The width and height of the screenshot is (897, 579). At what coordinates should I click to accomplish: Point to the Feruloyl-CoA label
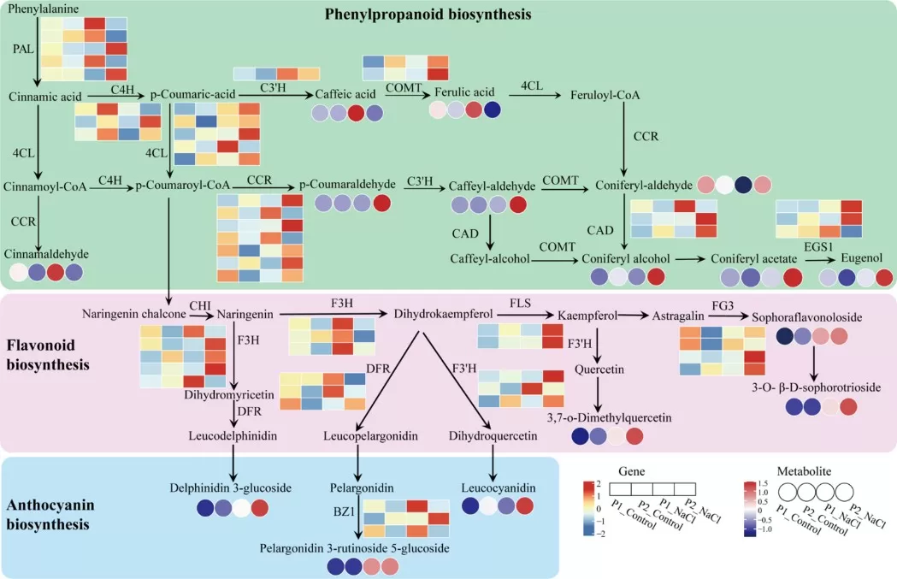[x=605, y=95]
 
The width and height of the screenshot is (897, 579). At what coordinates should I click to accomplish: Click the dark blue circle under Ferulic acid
[x=492, y=110]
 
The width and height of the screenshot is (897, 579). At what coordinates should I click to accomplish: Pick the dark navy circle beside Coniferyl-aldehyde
[x=744, y=185]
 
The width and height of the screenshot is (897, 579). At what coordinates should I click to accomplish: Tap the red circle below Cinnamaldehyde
[x=56, y=272]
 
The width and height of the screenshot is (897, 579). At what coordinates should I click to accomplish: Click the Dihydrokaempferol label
[x=438, y=314]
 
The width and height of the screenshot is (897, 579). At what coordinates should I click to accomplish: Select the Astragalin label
[x=679, y=316]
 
